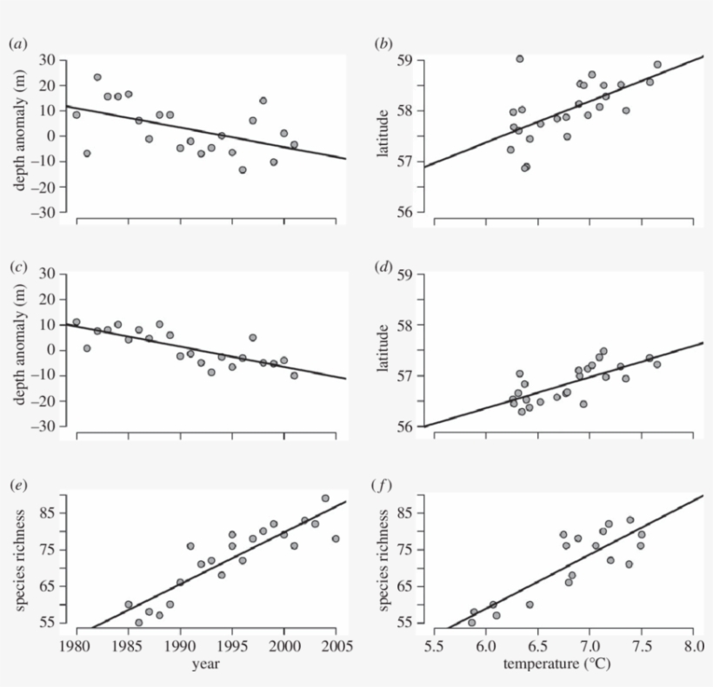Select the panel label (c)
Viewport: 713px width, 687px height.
pos(16,266)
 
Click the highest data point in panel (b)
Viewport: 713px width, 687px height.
pos(519,59)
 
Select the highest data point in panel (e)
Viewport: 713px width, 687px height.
pos(325,499)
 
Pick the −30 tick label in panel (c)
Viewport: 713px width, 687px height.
pos(43,426)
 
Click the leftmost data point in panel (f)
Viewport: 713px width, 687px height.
pos(471,622)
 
